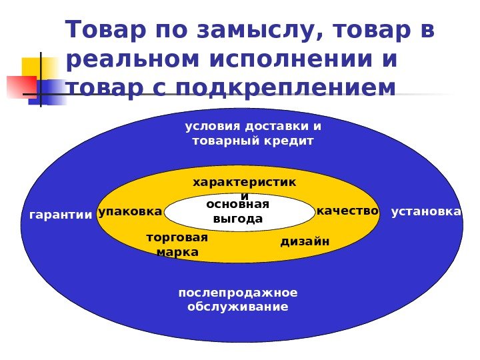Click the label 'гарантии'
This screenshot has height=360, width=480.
[x=61, y=215]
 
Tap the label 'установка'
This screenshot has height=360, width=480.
[x=426, y=211]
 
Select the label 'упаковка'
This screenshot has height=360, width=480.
[x=130, y=211]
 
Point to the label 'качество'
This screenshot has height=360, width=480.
[x=347, y=211]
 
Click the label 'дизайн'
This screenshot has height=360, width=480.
[x=305, y=241]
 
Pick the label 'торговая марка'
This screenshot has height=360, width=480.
[x=177, y=245]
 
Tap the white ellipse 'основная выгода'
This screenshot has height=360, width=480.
[x=239, y=211]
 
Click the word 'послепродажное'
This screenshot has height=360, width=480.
[x=238, y=293]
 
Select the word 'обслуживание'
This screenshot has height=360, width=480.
[x=238, y=307]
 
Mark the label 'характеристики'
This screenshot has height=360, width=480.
[x=244, y=183]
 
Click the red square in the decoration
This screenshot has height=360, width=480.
[x=19, y=87]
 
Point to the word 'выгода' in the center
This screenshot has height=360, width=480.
[x=238, y=219]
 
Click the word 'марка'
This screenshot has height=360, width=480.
[x=177, y=253]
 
